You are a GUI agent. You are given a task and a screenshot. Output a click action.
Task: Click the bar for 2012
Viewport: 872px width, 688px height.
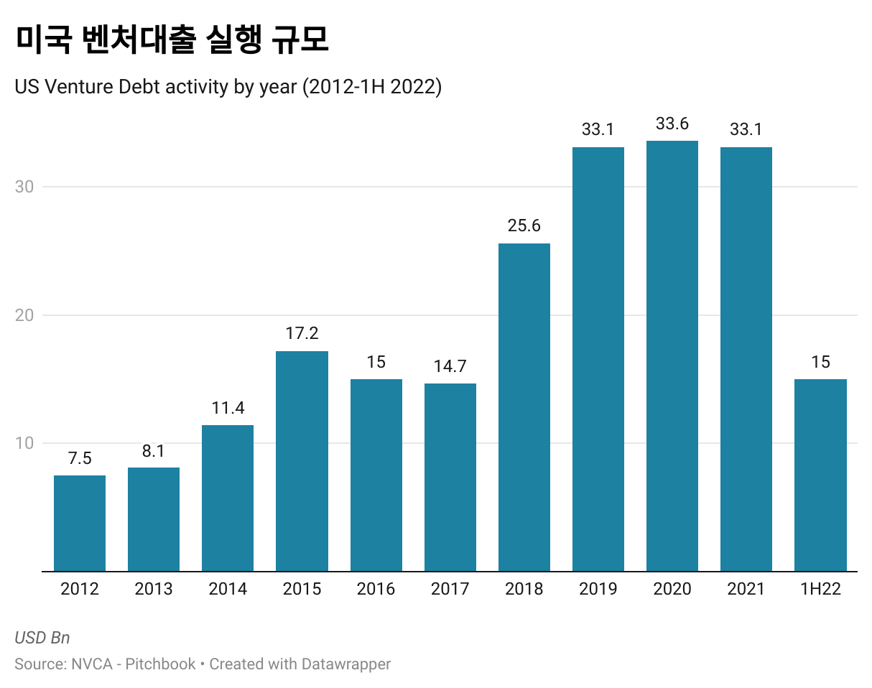tap(80, 523)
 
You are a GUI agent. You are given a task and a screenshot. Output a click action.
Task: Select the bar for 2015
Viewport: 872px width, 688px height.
tap(302, 461)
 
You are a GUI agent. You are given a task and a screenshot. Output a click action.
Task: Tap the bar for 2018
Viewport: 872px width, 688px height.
tap(524, 407)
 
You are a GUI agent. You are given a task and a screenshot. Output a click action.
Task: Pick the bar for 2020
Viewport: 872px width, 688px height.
tap(672, 355)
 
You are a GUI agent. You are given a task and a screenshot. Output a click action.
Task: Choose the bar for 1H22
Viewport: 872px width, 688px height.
tap(820, 475)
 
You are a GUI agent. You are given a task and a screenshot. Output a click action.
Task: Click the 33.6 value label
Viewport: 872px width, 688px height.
tap(672, 124)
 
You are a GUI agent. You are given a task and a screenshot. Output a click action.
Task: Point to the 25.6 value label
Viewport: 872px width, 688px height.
tap(524, 226)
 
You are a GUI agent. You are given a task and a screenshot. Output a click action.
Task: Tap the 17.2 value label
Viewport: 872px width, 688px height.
tap(302, 333)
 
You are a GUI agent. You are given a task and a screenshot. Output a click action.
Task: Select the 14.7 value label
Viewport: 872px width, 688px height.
tap(450, 366)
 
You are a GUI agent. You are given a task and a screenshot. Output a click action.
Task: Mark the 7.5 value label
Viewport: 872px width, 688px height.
tap(80, 458)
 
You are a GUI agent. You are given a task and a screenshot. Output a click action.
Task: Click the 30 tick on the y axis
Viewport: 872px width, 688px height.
tap(24, 187)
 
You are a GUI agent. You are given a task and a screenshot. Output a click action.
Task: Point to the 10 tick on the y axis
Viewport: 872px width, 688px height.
tap(24, 443)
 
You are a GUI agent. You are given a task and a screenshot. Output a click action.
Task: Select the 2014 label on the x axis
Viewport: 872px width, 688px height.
tap(228, 590)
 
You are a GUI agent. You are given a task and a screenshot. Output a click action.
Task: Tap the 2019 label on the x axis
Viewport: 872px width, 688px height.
tap(598, 590)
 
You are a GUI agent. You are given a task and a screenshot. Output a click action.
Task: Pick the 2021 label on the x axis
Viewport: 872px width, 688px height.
tap(746, 590)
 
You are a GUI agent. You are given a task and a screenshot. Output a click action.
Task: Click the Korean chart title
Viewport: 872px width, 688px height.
tap(172, 40)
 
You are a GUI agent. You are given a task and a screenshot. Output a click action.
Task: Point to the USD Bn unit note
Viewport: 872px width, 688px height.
tap(42, 638)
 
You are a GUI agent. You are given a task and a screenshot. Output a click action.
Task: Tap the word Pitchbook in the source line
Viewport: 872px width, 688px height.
tap(160, 664)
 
